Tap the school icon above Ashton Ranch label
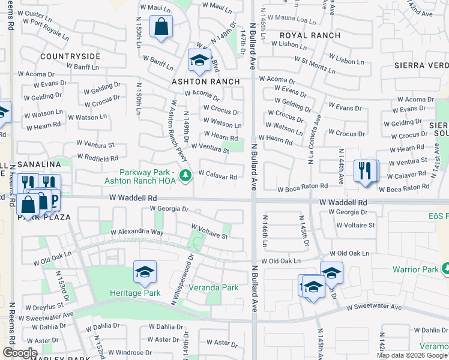pyautogui.click(x=199, y=60)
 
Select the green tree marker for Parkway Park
pyautogui.click(x=187, y=175)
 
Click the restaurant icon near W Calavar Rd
pyautogui.click(x=365, y=170)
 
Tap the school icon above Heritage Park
pyautogui.click(x=145, y=273)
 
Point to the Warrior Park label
pyautogui.click(x=415, y=269)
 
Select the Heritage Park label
pyautogui.click(x=135, y=293)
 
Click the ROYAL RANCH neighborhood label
pyautogui.click(x=310, y=35)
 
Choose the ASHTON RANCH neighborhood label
pyautogui.click(x=206, y=81)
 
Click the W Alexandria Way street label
pyautogui.click(x=137, y=232)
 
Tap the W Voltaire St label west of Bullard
pyautogui.click(x=209, y=232)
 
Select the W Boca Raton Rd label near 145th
pyautogui.click(x=303, y=189)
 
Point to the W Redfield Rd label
pyautogui.click(x=97, y=158)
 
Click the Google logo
pyautogui.click(x=20, y=353)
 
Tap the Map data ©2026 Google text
pyautogui.click(x=411, y=355)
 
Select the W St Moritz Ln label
pyautogui.click(x=314, y=64)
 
